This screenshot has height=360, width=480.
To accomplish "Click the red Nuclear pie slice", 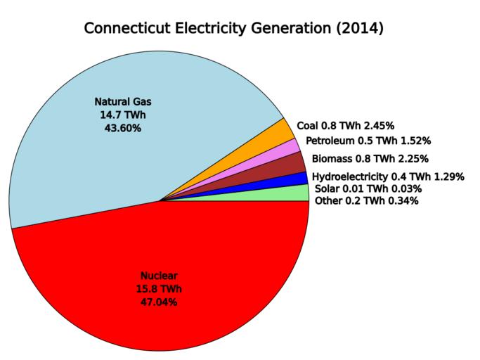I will click(x=162, y=281).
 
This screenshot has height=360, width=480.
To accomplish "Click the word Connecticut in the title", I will click(x=126, y=29).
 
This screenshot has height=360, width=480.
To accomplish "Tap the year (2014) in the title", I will click(x=359, y=29).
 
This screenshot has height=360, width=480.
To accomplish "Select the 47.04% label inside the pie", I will click(x=159, y=302).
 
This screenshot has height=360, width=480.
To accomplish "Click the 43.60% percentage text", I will click(x=122, y=128).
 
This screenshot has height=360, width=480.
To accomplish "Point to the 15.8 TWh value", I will click(x=159, y=289).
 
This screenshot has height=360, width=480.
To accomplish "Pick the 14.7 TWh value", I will click(x=122, y=115).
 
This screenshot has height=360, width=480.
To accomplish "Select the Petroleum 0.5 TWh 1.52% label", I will click(x=368, y=141).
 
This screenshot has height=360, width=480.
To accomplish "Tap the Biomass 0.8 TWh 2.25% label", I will click(x=370, y=159).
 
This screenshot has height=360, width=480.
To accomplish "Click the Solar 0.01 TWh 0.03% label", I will click(x=368, y=188).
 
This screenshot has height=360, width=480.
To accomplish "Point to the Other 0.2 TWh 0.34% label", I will click(x=367, y=201).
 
